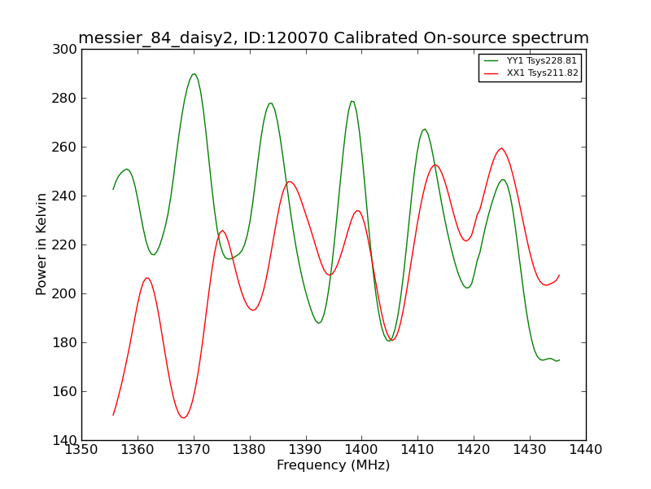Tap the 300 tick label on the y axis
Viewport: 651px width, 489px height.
click(x=64, y=50)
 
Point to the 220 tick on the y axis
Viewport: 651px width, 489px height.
click(x=64, y=245)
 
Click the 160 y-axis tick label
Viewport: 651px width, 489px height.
click(x=64, y=392)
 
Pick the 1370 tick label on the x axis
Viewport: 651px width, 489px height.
click(x=194, y=450)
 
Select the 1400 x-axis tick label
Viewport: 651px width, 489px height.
click(x=361, y=450)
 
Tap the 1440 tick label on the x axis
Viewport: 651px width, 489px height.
click(x=586, y=450)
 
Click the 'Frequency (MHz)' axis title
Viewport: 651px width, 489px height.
click(x=334, y=465)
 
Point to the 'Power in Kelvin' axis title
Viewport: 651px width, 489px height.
click(x=42, y=244)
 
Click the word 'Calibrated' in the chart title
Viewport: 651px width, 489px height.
click(x=376, y=37)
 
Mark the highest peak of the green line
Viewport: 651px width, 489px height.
click(x=194, y=74)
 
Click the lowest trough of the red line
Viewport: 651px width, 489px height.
click(x=183, y=418)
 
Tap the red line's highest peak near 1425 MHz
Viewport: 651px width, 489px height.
click(x=501, y=148)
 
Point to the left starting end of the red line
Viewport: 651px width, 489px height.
click(x=113, y=415)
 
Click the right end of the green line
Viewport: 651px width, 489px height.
click(x=559, y=360)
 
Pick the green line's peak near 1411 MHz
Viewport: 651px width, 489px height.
click(x=424, y=130)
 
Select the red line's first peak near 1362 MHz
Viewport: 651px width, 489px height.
click(x=146, y=278)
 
